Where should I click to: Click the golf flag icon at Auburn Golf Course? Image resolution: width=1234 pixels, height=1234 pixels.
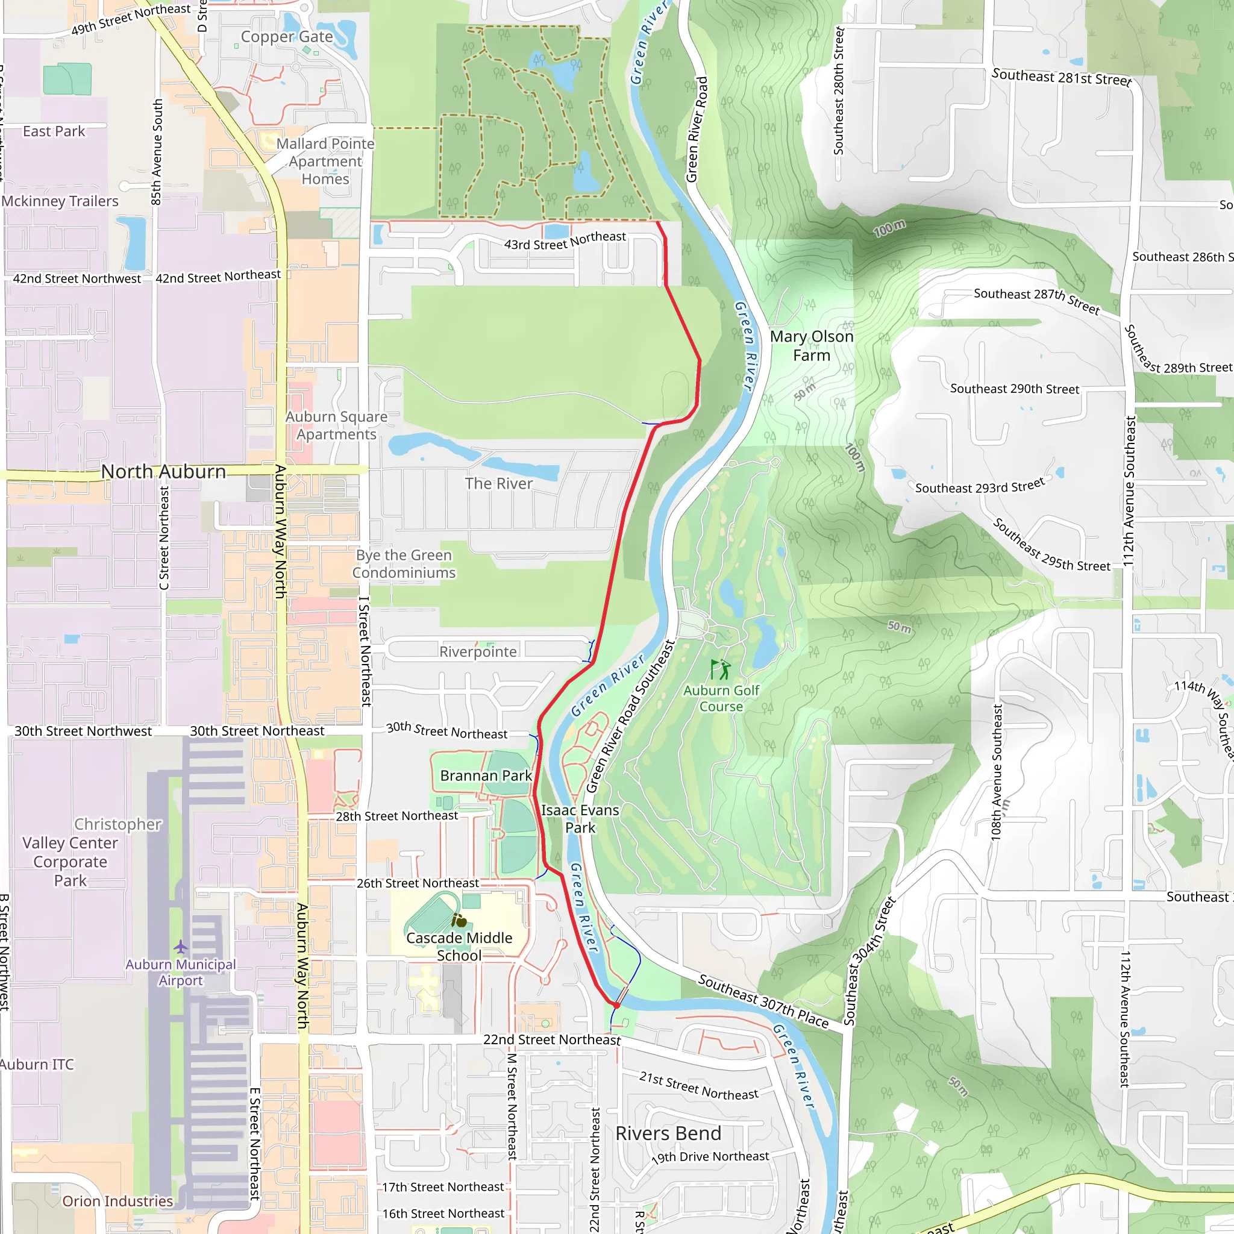tap(721, 670)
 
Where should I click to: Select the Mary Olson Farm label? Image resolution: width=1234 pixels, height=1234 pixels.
tap(811, 345)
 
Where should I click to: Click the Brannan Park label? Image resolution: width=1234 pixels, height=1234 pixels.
tap(486, 775)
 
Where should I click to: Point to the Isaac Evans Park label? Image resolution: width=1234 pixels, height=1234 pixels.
tap(580, 819)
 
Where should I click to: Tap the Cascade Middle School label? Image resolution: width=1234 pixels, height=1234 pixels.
tap(459, 947)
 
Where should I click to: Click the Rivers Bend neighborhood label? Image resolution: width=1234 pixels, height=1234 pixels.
tap(668, 1133)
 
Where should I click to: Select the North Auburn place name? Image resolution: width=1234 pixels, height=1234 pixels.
tap(163, 471)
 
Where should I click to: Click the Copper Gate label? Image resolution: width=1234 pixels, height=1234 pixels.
tap(287, 37)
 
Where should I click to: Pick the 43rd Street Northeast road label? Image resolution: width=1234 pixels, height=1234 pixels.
tap(565, 241)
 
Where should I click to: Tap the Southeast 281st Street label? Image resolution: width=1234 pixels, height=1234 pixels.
tap(1061, 78)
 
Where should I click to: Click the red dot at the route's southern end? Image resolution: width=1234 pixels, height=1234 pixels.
tap(616, 1004)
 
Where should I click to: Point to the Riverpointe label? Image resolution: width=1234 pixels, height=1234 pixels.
tap(478, 651)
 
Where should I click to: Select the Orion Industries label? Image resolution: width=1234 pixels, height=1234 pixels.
tap(117, 1201)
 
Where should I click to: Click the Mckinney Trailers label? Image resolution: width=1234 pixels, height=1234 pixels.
tap(60, 201)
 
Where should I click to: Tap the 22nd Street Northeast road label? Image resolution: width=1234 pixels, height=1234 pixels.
tap(552, 1039)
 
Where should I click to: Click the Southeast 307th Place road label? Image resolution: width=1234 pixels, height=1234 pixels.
tap(763, 1001)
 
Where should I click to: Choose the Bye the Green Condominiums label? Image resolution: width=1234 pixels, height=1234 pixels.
tap(404, 564)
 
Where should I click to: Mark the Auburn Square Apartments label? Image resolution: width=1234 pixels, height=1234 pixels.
tap(337, 425)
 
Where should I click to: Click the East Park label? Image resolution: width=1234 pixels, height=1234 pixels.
tap(54, 131)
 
